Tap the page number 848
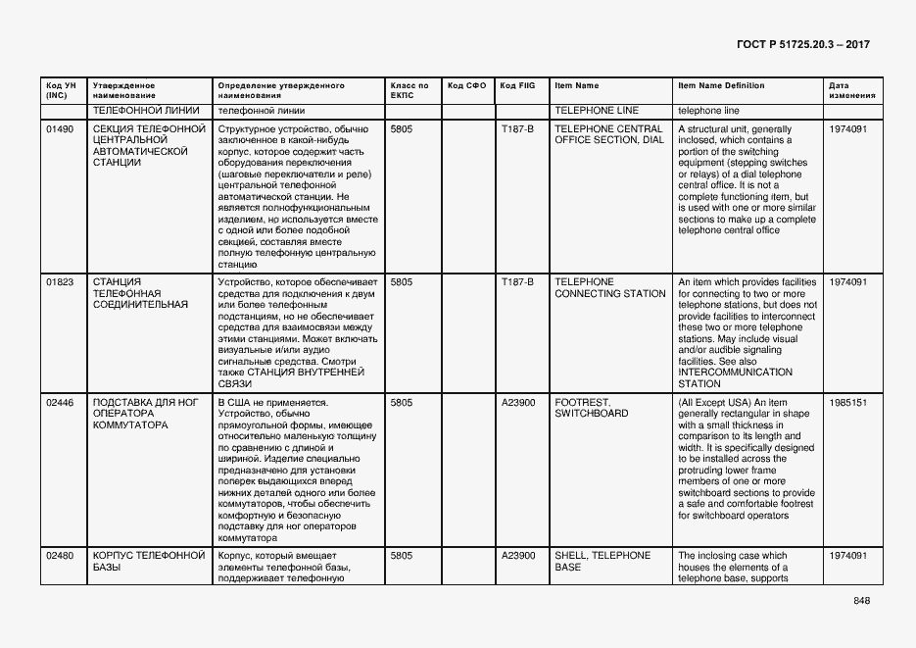click(x=861, y=601)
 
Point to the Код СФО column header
click(x=466, y=86)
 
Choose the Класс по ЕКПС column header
click(x=409, y=91)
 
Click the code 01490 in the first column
click(x=60, y=129)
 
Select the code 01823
click(x=60, y=282)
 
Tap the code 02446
click(x=60, y=403)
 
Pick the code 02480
click(x=60, y=556)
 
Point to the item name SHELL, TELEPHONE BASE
click(x=602, y=561)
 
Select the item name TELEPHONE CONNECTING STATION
click(x=609, y=287)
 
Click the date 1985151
click(x=847, y=403)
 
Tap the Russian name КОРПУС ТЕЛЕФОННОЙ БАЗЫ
click(x=148, y=561)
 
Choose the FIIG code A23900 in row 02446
click(x=518, y=403)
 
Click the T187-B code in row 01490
click(x=517, y=129)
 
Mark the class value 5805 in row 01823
click(x=401, y=282)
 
